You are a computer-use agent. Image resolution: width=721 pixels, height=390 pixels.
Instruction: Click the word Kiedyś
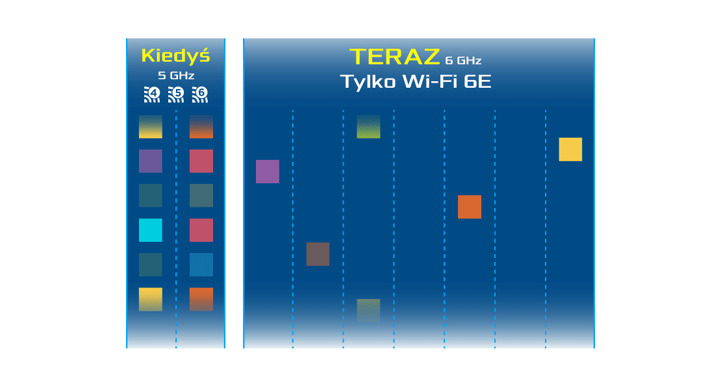pos(175,56)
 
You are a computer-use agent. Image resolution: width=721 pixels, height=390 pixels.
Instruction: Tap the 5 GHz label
pos(176,76)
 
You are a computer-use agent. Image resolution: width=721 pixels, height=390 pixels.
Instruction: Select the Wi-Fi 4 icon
pos(151,94)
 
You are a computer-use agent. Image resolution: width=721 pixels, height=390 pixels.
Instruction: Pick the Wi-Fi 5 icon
pos(176,94)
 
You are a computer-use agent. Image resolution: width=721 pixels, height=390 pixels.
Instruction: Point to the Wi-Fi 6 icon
pos(200,94)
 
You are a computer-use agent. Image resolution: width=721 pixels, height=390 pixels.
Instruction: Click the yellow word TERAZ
pos(395,57)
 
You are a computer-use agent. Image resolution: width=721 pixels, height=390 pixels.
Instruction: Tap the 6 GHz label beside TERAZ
pos(463,61)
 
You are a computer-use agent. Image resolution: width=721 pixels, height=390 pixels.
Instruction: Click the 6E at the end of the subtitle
pos(477,83)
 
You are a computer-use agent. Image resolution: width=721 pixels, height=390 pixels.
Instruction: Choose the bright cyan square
pos(151,230)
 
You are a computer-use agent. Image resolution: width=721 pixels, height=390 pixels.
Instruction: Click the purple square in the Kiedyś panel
pos(151,161)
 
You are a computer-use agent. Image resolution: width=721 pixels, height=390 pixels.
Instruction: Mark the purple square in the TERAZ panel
pos(268,172)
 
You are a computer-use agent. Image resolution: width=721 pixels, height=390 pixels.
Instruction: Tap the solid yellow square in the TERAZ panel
pos(570,149)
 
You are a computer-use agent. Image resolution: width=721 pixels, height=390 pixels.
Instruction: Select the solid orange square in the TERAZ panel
pos(470,207)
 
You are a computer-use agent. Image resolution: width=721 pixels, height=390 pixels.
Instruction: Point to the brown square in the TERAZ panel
pos(318,254)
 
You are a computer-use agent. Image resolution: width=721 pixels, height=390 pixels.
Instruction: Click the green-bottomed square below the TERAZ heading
pos(368,127)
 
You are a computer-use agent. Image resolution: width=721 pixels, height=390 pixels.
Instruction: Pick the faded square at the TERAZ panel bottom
pos(368,310)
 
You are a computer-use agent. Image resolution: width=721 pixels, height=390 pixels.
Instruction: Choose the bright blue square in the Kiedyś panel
pos(201,265)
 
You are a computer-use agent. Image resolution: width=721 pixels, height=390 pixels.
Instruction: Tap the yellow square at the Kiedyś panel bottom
pos(151,299)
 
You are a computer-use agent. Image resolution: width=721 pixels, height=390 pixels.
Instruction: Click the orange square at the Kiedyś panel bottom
pos(201,299)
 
